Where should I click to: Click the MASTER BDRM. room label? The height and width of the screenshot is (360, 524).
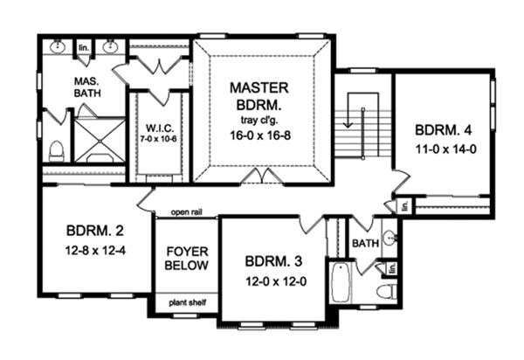click(x=259, y=96)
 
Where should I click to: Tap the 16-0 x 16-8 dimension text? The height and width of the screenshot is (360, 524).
click(x=260, y=135)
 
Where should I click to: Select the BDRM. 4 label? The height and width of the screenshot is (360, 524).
click(x=443, y=130)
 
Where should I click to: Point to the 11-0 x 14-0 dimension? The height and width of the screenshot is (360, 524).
click(x=445, y=149)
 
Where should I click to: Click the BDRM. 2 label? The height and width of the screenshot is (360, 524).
click(x=95, y=231)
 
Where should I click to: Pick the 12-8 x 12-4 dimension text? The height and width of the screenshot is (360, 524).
click(x=95, y=250)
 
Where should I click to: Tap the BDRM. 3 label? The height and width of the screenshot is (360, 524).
click(x=273, y=261)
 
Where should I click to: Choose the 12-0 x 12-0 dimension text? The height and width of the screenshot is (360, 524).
click(x=276, y=281)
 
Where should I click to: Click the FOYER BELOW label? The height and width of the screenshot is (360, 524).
click(x=187, y=259)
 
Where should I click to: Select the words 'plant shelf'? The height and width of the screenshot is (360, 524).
click(x=188, y=303)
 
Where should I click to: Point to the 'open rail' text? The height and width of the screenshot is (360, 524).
click(x=187, y=212)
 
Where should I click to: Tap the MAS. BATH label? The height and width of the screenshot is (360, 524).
click(x=87, y=87)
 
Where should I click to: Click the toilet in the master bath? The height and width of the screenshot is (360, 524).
click(x=56, y=151)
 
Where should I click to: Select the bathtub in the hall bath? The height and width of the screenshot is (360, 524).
click(x=341, y=282)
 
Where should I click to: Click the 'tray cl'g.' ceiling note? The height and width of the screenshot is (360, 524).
click(x=259, y=120)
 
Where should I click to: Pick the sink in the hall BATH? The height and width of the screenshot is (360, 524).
click(x=390, y=238)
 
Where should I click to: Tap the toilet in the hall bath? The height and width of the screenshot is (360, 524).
click(x=387, y=291)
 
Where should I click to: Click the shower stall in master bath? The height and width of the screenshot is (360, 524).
click(x=100, y=141)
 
